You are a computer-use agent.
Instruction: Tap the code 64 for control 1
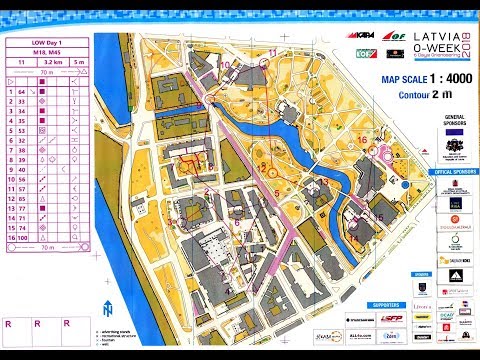pos(22,90)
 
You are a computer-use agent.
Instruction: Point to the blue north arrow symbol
pos(106,310)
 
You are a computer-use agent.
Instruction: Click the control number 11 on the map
pos(357,239)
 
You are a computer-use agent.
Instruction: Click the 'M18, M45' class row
pos(48,53)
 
